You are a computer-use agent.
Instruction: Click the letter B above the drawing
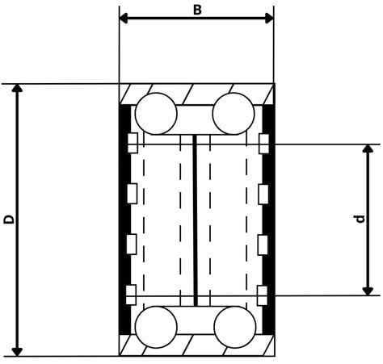click(196, 9)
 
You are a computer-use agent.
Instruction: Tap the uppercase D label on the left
click(7, 219)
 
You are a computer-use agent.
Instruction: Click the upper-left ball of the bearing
click(156, 113)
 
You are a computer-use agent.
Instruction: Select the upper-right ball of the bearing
click(234, 113)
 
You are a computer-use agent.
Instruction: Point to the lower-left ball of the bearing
click(156, 327)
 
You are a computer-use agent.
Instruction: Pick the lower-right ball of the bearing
click(234, 327)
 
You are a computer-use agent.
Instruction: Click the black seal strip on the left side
click(124, 218)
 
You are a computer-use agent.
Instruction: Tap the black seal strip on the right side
click(270, 218)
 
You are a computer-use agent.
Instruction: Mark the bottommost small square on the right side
click(263, 293)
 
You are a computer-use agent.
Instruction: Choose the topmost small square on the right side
click(263, 144)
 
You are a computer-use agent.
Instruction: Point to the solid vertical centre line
click(196, 220)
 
